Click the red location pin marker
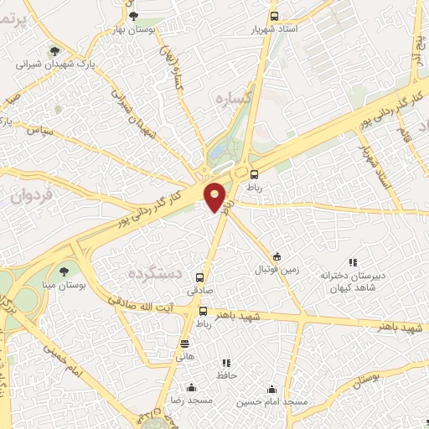coord(215,197)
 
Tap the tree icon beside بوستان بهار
coord(133,15)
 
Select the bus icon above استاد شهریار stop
coord(275,15)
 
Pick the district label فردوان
coord(33,196)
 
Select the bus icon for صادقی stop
coord(199,277)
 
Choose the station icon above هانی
coord(184,344)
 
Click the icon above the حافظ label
coord(225,363)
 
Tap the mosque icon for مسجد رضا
coord(192,387)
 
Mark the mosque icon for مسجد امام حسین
coord(271,389)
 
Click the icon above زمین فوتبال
coord(277,256)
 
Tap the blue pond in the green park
coord(219,152)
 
